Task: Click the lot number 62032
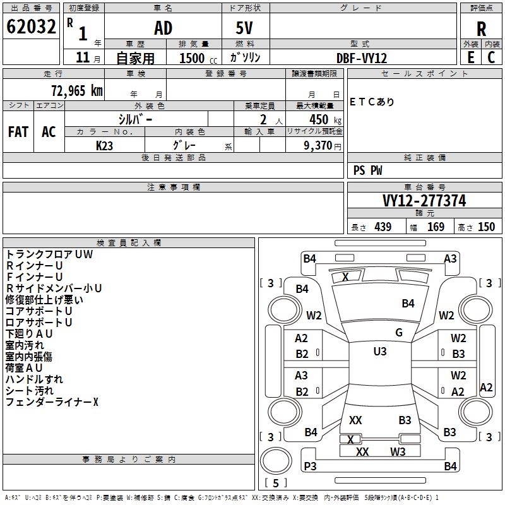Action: tap(31, 27)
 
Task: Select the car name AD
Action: tap(163, 28)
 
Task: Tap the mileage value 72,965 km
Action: tap(77, 90)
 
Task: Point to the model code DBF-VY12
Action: tap(362, 58)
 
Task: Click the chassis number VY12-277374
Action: tap(424, 201)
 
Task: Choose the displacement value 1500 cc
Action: tap(198, 58)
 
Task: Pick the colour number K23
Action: tap(104, 146)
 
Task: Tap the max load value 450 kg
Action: tap(325, 119)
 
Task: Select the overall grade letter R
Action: tap(481, 29)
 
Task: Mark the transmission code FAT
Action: tap(18, 132)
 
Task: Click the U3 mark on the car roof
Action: tap(380, 351)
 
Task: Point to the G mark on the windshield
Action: tap(399, 332)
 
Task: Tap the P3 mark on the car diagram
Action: tap(310, 466)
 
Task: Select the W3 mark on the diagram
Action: tap(398, 451)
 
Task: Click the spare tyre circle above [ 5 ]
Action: tap(276, 461)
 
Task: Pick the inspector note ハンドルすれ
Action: tap(34, 379)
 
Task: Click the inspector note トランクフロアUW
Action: tap(49, 254)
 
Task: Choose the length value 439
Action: tap(383, 227)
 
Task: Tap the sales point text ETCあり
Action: tap(372, 102)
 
